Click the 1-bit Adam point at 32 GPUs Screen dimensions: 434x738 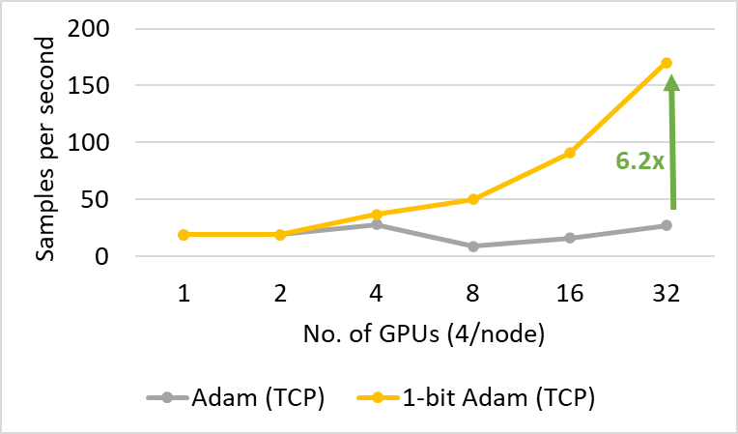tap(667, 63)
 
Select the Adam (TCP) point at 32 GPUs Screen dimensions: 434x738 tap(667, 225)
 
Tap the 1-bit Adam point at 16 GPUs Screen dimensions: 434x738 tap(570, 153)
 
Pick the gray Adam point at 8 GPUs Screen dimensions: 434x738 tap(473, 246)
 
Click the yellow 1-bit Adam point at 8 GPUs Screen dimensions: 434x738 tap(473, 199)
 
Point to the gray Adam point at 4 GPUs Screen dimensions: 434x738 tap(377, 224)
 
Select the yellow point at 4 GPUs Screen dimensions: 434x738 tap(377, 214)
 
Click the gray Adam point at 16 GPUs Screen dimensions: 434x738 tap(570, 238)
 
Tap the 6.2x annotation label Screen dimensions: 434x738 tap(639, 159)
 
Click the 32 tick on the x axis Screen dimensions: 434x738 tap(667, 292)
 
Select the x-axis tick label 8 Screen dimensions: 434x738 tap(473, 292)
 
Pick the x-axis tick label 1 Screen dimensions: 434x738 tap(184, 292)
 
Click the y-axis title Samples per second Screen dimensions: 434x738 tap(45, 143)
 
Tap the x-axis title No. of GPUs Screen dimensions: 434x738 tap(425, 337)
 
